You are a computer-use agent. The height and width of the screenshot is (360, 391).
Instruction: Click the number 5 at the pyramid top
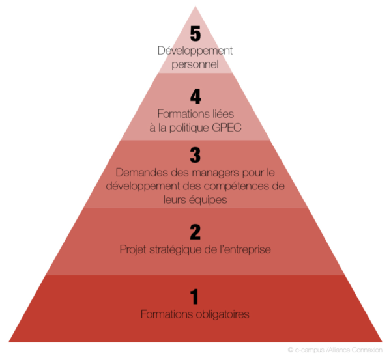[195, 34]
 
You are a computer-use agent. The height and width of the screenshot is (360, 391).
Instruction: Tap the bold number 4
[195, 96]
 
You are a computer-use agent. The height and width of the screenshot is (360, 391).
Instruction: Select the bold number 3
[195, 155]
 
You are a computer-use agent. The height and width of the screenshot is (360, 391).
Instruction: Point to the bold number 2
[195, 232]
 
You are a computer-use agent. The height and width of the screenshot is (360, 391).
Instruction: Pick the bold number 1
[194, 296]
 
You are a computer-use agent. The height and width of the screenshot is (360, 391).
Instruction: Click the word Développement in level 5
[195, 51]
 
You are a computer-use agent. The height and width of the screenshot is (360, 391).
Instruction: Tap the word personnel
[195, 65]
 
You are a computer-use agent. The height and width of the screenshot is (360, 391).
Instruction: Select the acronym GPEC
[227, 128]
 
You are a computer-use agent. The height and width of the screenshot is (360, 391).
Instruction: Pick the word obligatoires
[222, 314]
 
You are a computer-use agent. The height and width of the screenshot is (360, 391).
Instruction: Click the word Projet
[133, 249]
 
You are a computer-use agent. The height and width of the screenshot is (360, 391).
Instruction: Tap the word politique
[189, 128]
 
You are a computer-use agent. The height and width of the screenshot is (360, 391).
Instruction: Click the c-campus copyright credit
[335, 350]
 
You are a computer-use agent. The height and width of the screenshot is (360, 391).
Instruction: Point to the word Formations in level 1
[167, 314]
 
